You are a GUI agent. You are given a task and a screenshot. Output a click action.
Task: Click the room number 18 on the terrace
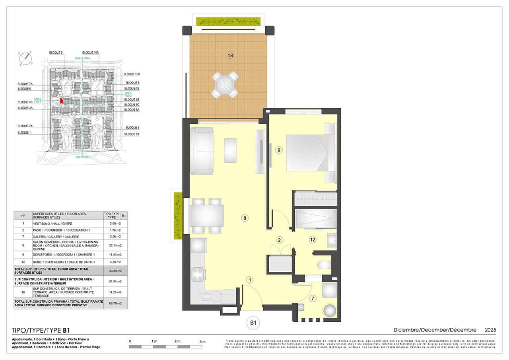point(230,55)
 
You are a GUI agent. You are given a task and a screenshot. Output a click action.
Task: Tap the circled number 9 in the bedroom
point(279,150)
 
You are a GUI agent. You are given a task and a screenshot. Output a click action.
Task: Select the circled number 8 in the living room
point(245,218)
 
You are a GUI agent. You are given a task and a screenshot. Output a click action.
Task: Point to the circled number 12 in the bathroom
point(313,239)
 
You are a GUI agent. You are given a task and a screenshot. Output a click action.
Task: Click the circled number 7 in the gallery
point(313,298)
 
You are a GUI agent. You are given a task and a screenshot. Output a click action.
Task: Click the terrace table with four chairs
point(225,85)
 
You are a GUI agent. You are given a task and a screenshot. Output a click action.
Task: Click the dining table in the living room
point(207,216)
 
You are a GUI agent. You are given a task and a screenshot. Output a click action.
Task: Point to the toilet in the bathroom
point(324,265)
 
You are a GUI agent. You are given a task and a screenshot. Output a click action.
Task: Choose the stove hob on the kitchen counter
point(198,274)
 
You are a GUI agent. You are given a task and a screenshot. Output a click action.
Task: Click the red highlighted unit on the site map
point(62,101)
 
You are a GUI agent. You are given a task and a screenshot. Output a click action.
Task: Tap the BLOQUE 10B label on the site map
point(132,74)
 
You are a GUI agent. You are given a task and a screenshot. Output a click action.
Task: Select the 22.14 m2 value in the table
point(115,245)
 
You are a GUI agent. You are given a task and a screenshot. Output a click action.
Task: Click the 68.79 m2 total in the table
point(115,304)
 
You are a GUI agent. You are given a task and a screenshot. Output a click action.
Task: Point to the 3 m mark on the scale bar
point(202,341)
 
